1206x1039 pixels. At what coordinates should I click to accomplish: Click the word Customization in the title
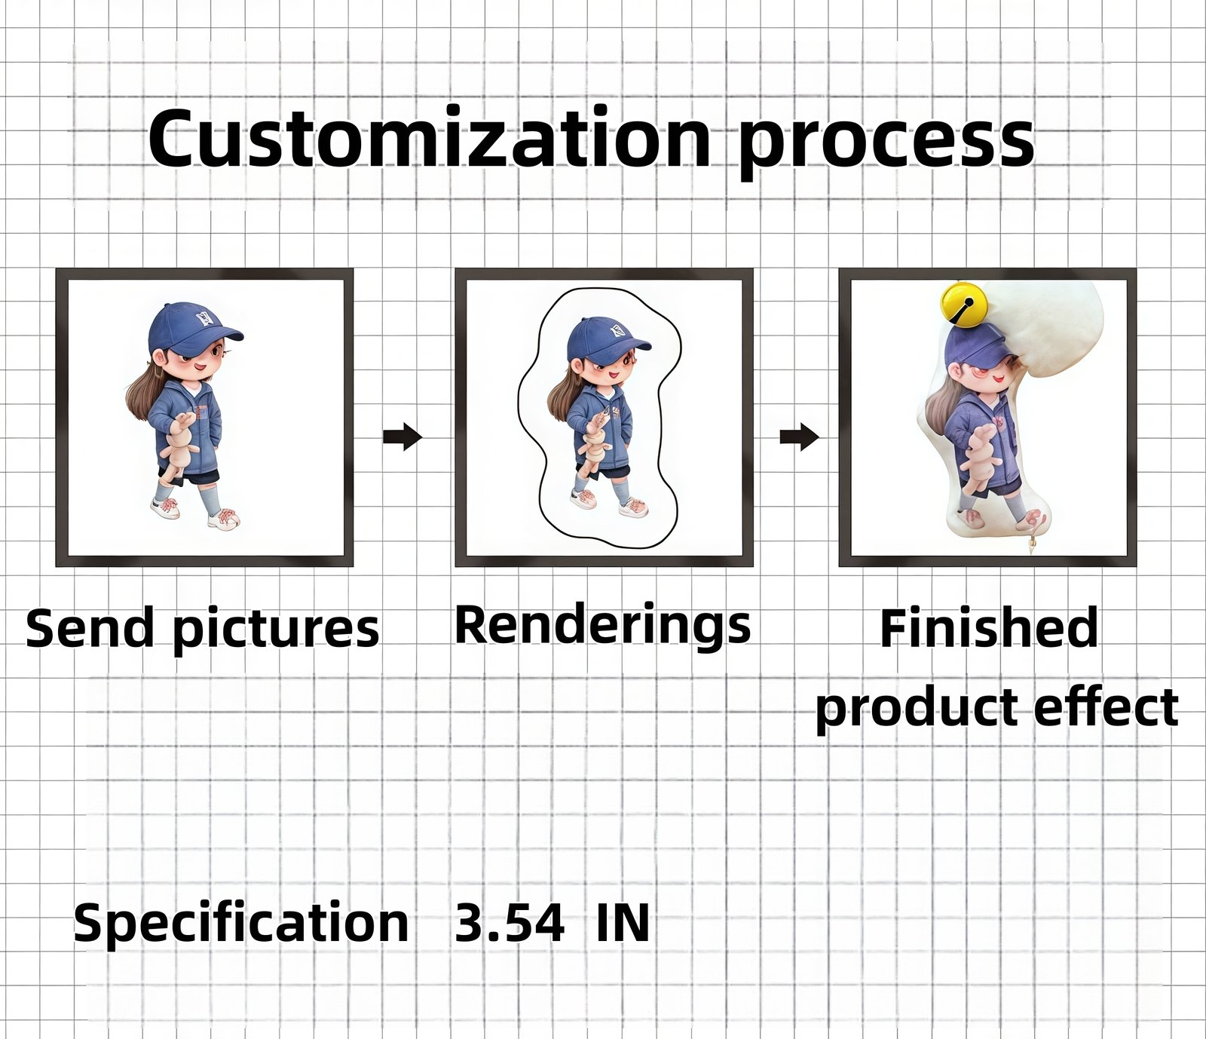click(430, 139)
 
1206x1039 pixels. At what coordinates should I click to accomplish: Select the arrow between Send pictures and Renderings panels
click(403, 436)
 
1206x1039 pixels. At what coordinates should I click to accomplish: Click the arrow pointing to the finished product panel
click(799, 436)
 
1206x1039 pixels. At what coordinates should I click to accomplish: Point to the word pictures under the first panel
click(276, 630)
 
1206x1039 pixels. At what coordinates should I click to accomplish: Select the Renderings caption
click(603, 626)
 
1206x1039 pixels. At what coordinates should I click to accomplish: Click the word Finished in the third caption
click(989, 628)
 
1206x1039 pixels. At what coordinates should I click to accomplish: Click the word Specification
click(241, 923)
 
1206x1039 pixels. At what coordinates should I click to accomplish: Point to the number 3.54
click(510, 922)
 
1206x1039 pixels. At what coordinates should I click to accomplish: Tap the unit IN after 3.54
click(623, 922)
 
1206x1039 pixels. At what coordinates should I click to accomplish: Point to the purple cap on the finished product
click(976, 348)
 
